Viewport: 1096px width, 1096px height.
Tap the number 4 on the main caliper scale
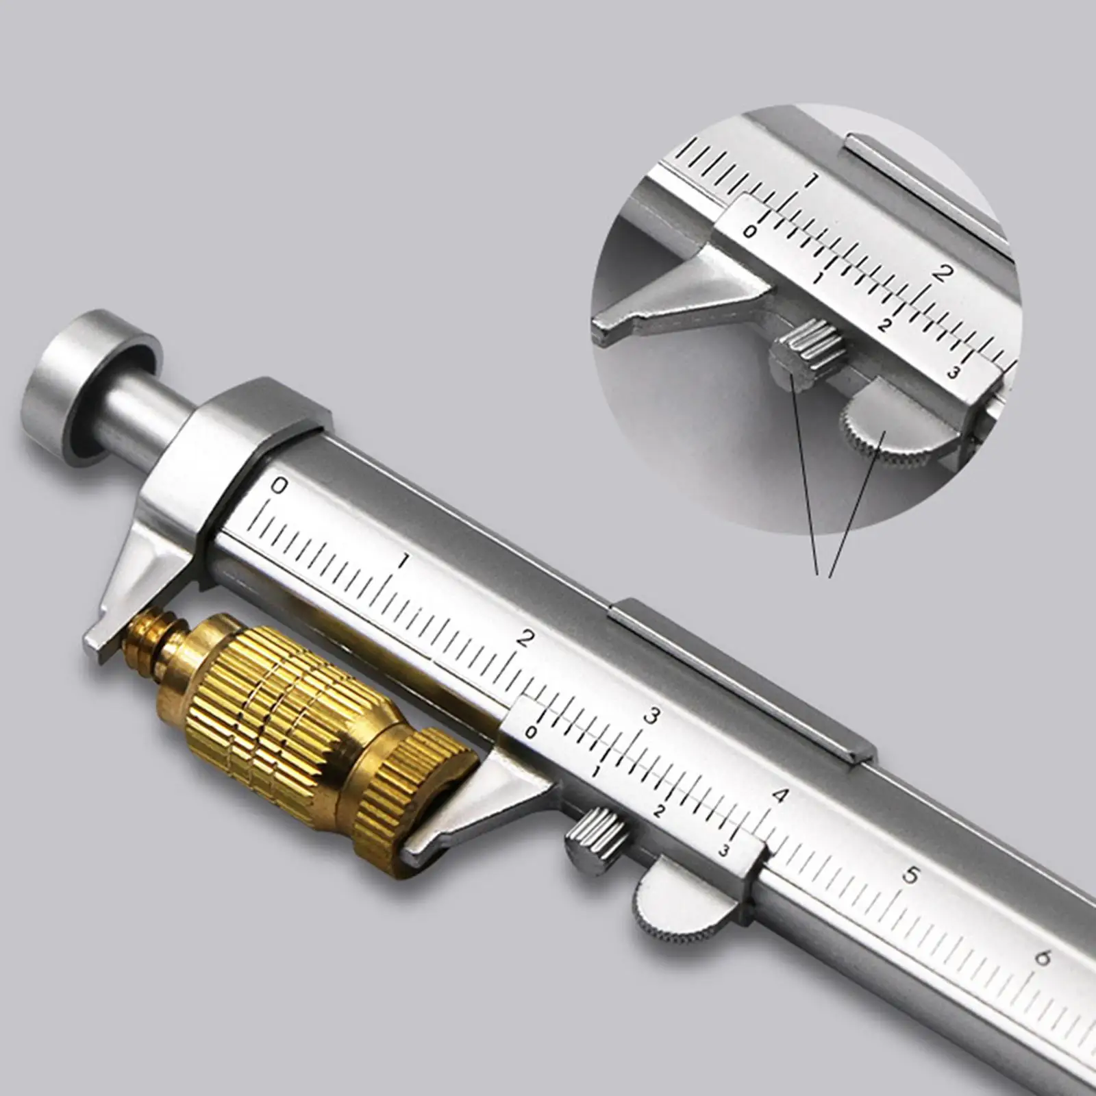pyautogui.click(x=779, y=796)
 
